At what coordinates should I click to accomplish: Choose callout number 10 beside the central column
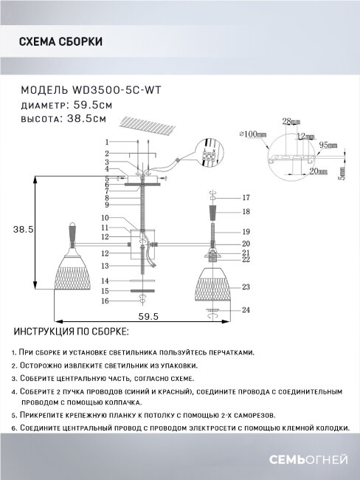pos(105,218)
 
